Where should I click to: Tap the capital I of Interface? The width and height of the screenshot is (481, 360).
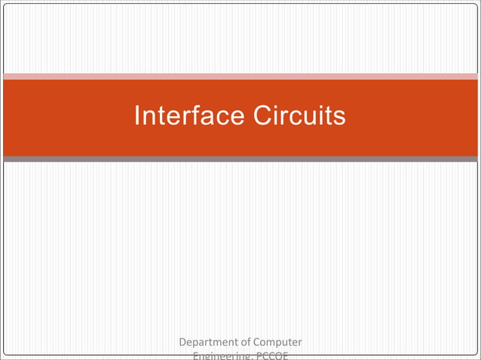tap(136, 117)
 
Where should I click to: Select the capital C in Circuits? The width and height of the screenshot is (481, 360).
tap(260, 117)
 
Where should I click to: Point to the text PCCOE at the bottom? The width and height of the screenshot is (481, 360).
tap(271, 356)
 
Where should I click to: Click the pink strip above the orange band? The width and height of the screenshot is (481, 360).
tap(240, 76)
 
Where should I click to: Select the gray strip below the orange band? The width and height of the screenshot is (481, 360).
tap(240, 159)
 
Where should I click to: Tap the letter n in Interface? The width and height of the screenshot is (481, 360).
tap(148, 118)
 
